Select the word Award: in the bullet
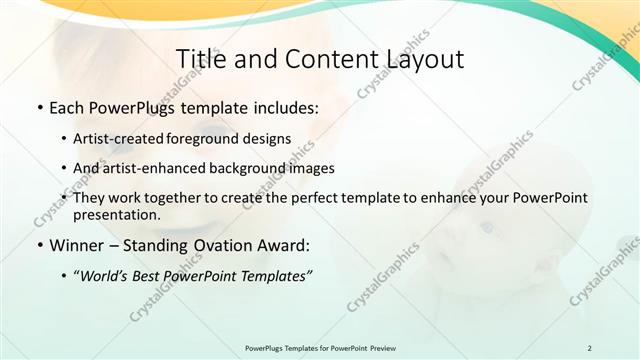[287, 244]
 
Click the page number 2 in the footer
[589, 347]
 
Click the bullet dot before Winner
[39, 245]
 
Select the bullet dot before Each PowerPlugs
[39, 106]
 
